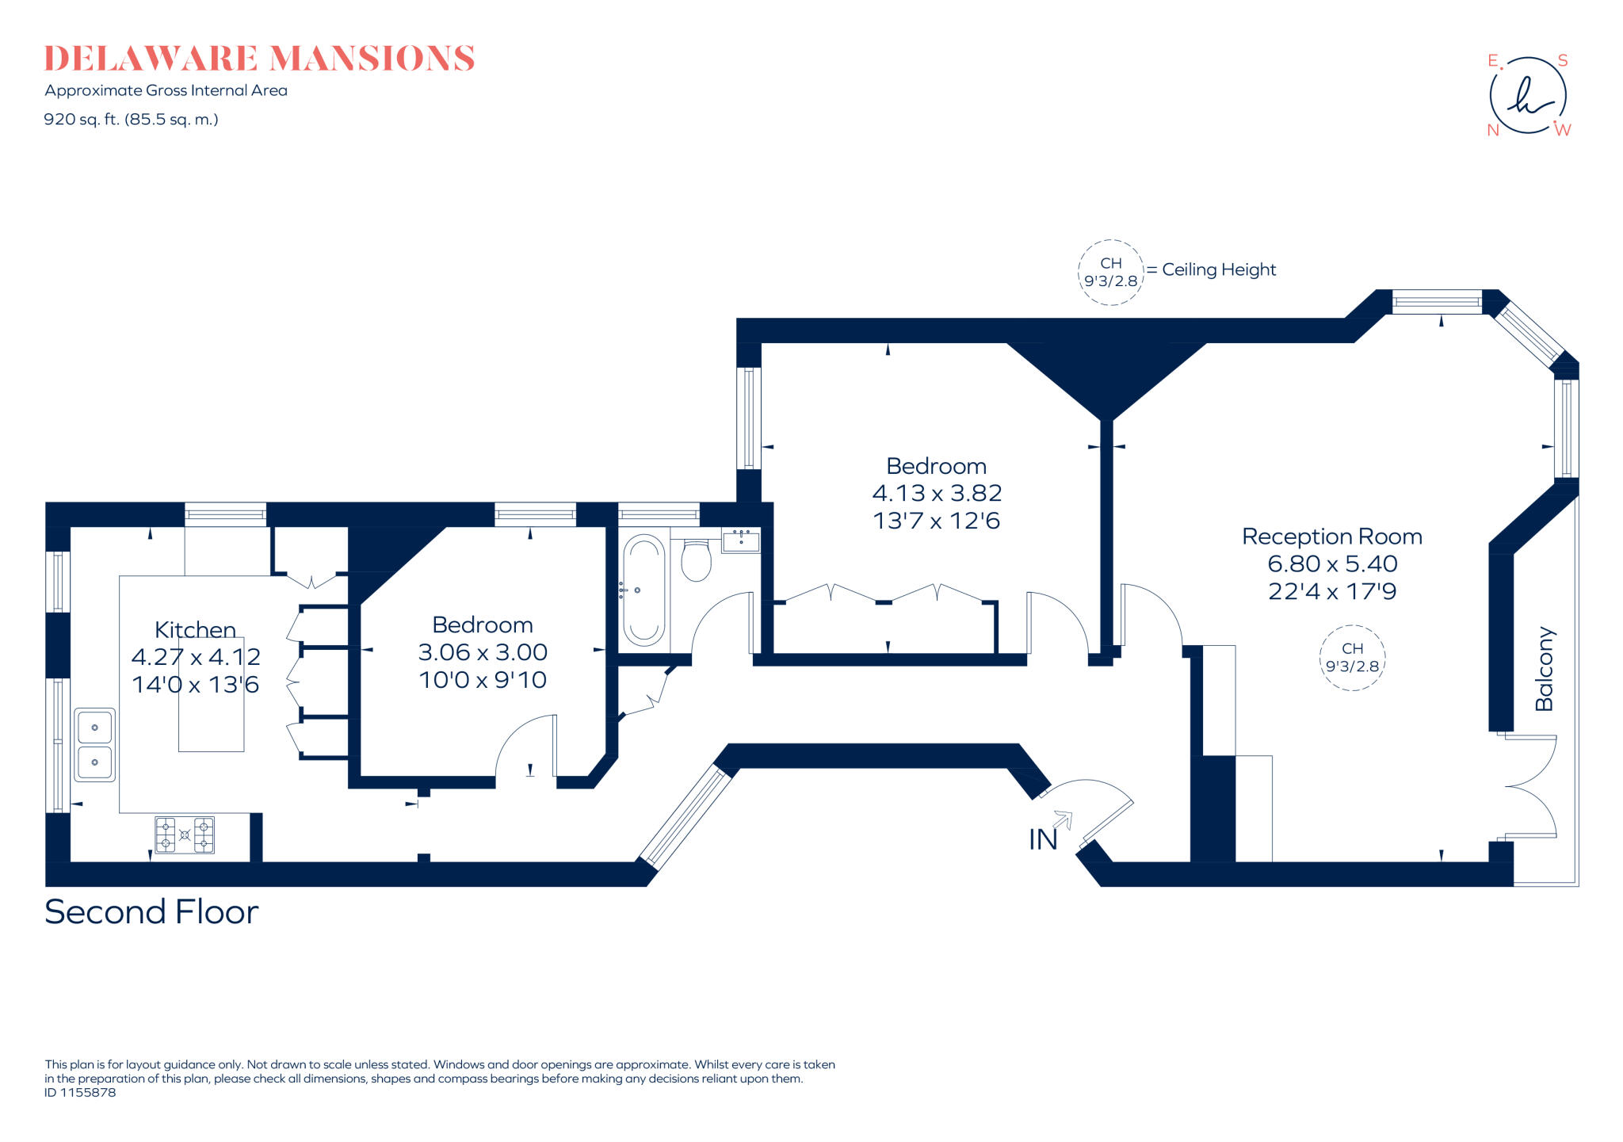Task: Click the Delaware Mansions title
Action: pyautogui.click(x=259, y=59)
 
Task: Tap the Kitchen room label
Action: pyautogui.click(x=195, y=629)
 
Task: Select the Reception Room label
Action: pyautogui.click(x=1331, y=537)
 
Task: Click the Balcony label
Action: pyautogui.click(x=1545, y=669)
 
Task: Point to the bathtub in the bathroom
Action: pyautogui.click(x=643, y=590)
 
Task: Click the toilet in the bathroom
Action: pyautogui.click(x=696, y=560)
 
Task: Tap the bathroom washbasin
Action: pyautogui.click(x=741, y=541)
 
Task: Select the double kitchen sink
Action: pyautogui.click(x=94, y=744)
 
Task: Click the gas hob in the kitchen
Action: pyautogui.click(x=185, y=835)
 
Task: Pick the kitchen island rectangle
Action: pyautogui.click(x=211, y=713)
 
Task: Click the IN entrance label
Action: pyautogui.click(x=1042, y=839)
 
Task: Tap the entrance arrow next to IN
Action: pyautogui.click(x=1063, y=819)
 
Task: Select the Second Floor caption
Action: pyautogui.click(x=151, y=912)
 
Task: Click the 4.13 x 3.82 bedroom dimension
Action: pyautogui.click(x=937, y=493)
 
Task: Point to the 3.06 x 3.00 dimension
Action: pyautogui.click(x=483, y=652)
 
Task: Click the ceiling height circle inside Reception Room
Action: pyautogui.click(x=1352, y=658)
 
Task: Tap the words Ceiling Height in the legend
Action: pyautogui.click(x=1219, y=269)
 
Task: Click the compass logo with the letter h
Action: pyautogui.click(x=1528, y=96)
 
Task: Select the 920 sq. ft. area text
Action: pyautogui.click(x=131, y=120)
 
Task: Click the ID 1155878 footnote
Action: pyautogui.click(x=80, y=1092)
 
